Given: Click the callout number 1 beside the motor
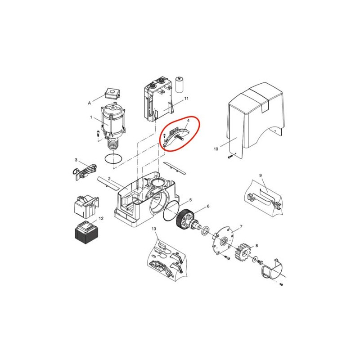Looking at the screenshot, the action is click(91, 117).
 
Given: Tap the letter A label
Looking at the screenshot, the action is click(89, 103).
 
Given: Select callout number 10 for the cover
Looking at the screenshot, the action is click(216, 149).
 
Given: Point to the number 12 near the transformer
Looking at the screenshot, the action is click(101, 218).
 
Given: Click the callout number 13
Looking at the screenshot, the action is click(154, 229).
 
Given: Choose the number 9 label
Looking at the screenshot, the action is click(261, 175).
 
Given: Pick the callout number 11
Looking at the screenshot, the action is click(186, 98).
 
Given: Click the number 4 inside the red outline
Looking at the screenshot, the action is click(188, 120).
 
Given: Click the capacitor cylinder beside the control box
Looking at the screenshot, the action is click(179, 85).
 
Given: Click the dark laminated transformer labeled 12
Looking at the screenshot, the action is click(86, 233).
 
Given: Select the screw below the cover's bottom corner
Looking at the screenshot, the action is click(230, 157).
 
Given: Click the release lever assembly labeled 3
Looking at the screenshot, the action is click(84, 171).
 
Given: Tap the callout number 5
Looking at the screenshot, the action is click(190, 200).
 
